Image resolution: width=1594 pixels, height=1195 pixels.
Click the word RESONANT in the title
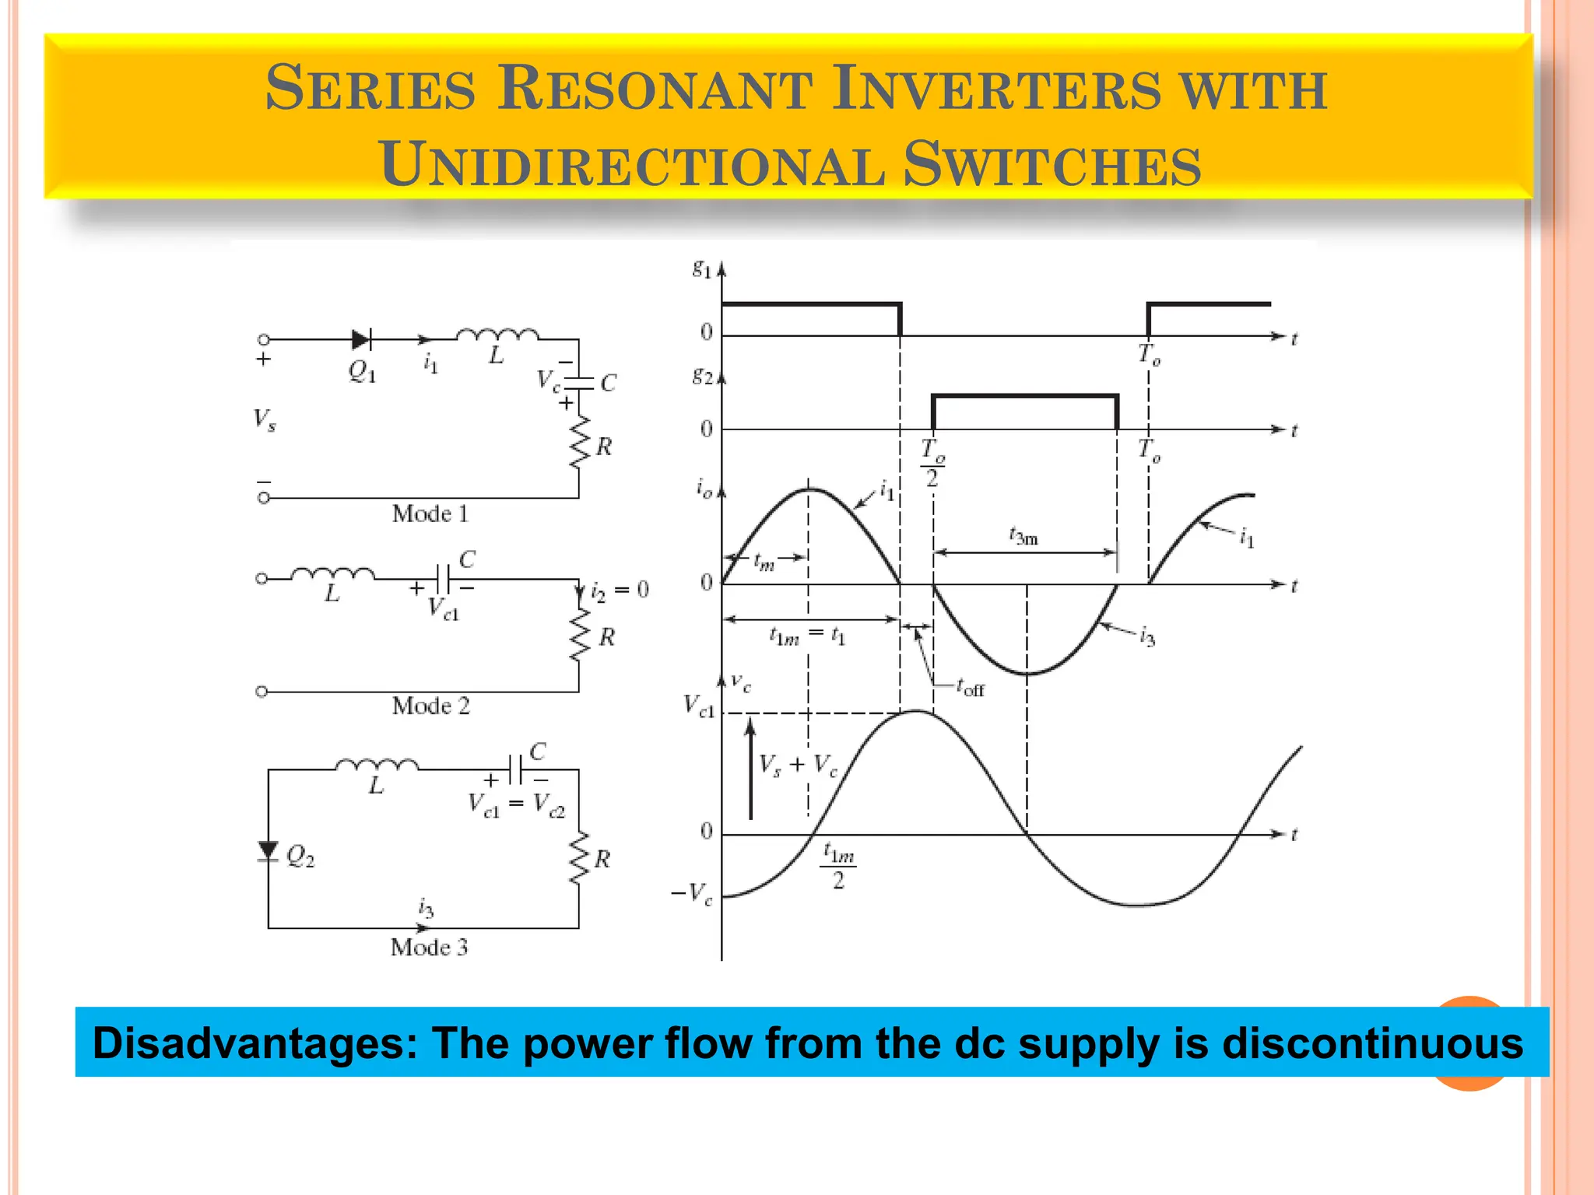pyautogui.click(x=655, y=88)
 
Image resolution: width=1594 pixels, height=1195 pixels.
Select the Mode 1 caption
pyautogui.click(x=430, y=513)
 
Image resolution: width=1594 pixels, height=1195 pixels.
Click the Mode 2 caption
pyautogui.click(x=430, y=706)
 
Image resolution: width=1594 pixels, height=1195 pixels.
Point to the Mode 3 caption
pyautogui.click(x=429, y=947)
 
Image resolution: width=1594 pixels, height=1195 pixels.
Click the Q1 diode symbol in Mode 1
pyautogui.click(x=360, y=340)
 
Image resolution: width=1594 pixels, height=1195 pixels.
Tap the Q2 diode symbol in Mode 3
pyautogui.click(x=269, y=851)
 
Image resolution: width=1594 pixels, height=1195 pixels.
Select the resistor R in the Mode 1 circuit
pyautogui.click(x=580, y=443)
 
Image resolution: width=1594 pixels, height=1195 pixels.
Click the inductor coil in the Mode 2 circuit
pyautogui.click(x=332, y=576)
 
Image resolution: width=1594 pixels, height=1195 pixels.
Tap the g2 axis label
pyautogui.click(x=702, y=377)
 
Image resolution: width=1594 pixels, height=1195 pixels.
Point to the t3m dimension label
pyautogui.click(x=1023, y=537)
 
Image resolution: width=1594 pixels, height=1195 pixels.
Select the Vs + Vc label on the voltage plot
pyautogui.click(x=799, y=766)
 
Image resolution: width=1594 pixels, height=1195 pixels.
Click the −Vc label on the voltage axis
pyautogui.click(x=691, y=894)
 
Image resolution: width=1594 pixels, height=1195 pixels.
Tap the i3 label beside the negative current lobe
pyautogui.click(x=1147, y=638)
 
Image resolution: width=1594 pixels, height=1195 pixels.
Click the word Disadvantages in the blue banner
pyautogui.click(x=256, y=1043)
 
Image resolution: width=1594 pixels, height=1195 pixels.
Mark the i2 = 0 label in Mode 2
pyautogui.click(x=620, y=591)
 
